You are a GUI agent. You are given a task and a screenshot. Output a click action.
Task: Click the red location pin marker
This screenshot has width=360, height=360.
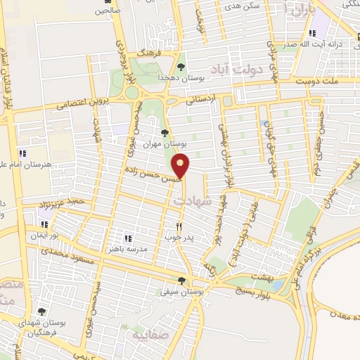[181, 166]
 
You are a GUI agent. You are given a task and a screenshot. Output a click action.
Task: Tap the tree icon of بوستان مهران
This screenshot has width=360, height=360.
[165, 132]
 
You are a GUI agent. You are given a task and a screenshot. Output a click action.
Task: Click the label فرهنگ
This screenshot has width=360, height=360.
[150, 53]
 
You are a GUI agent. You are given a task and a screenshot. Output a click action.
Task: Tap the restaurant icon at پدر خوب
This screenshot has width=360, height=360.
[179, 227]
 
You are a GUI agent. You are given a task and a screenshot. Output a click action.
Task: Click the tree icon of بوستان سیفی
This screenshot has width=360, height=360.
[182, 281]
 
